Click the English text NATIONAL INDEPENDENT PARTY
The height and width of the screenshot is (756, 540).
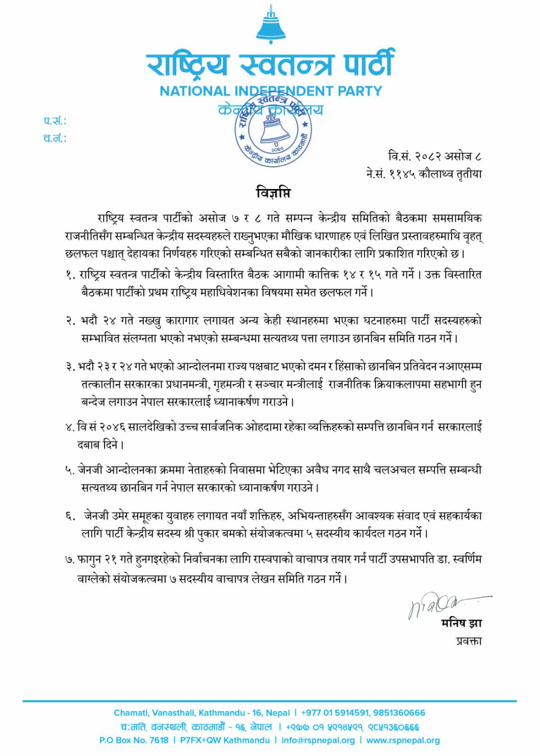coord(270,91)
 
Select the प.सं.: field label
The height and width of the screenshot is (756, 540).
coord(55,121)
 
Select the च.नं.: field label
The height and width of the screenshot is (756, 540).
coord(55,139)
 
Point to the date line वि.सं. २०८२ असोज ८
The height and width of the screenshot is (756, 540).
coord(434,155)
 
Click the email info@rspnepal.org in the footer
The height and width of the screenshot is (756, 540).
coord(318,740)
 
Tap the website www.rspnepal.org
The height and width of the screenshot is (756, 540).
coord(403,740)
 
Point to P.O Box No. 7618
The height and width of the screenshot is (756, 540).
coord(134,740)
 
